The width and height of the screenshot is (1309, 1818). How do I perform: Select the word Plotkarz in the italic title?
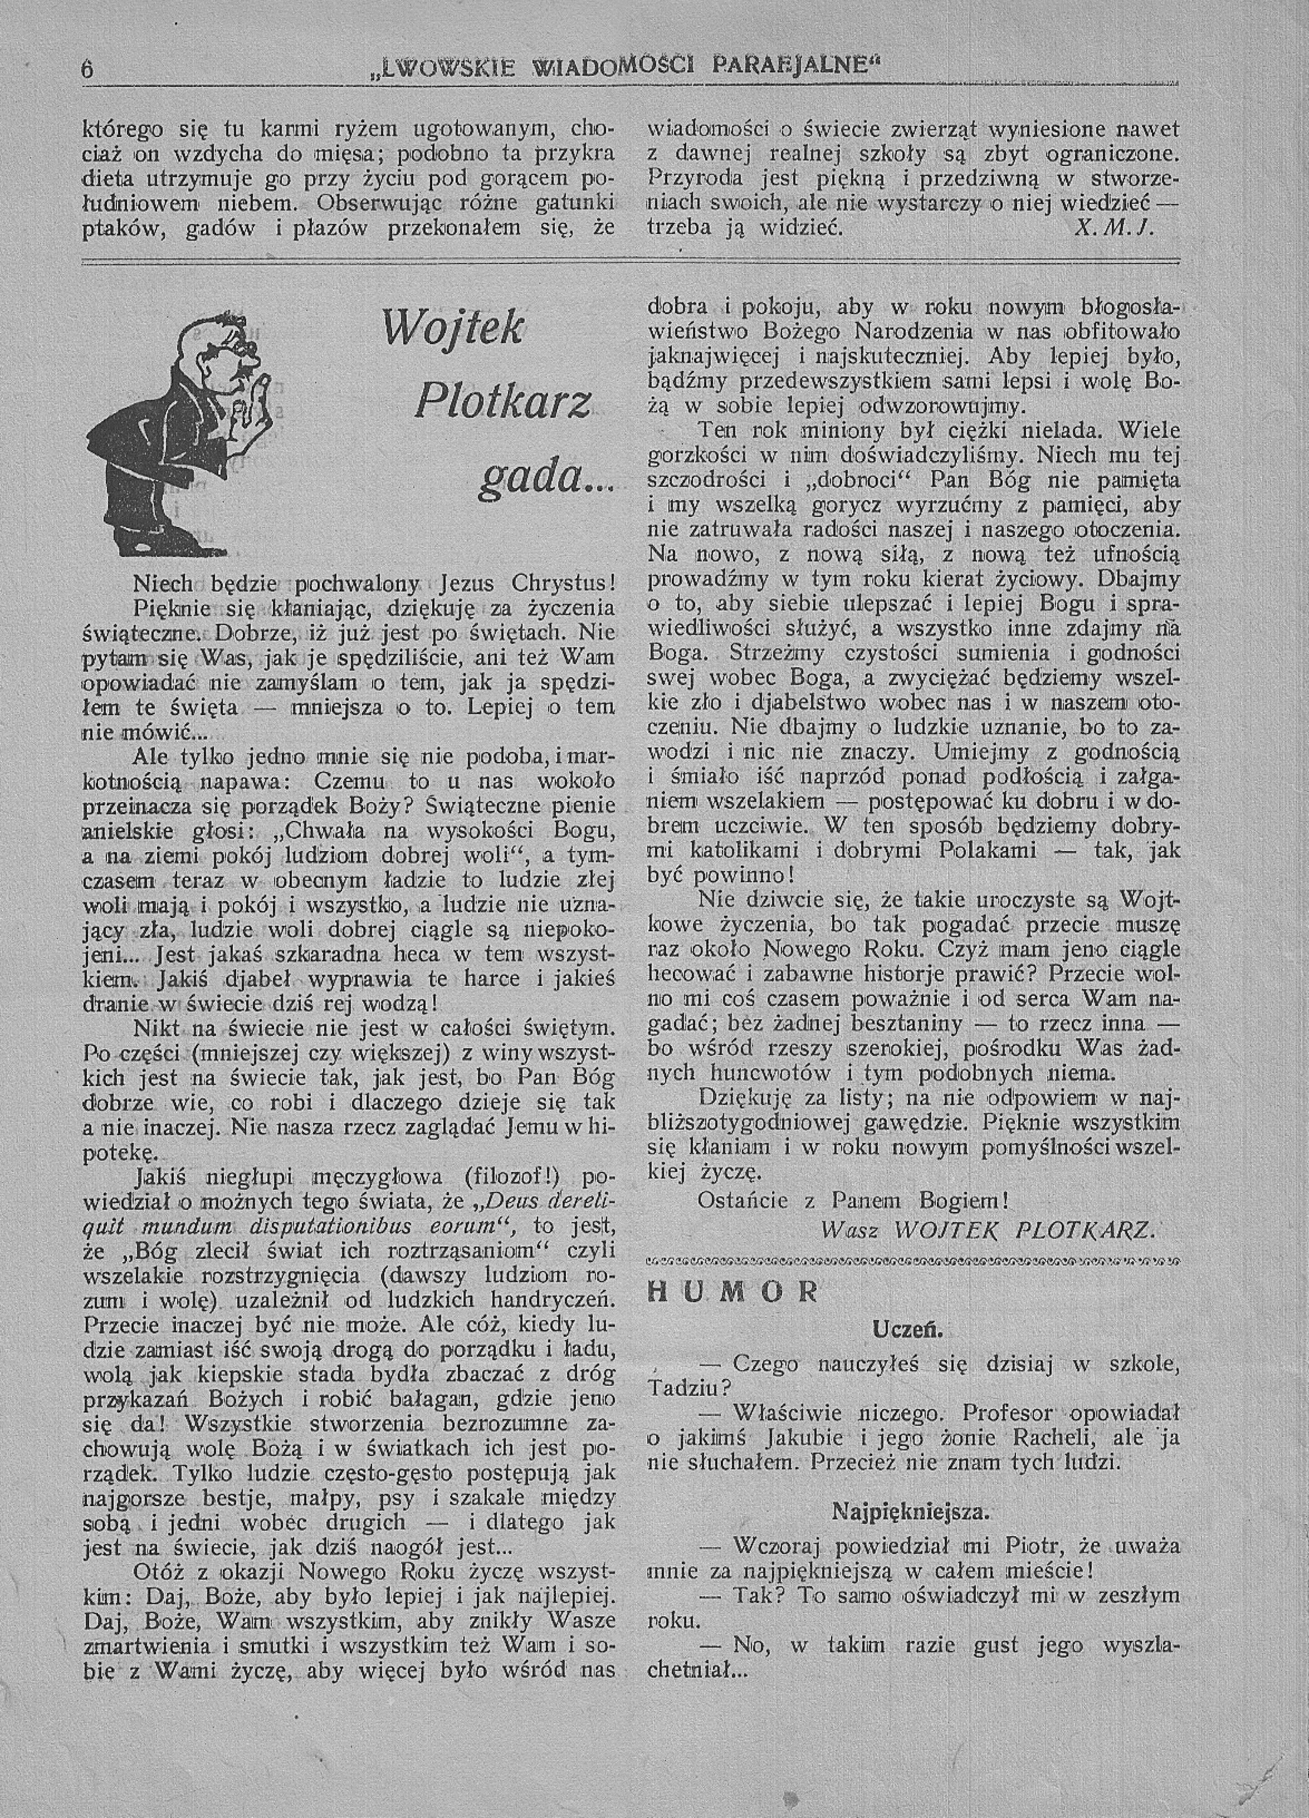504,401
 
